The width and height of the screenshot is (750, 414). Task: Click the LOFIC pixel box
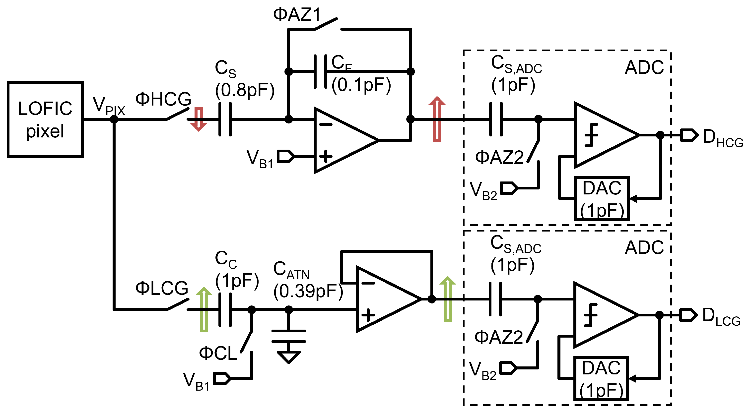tap(45, 119)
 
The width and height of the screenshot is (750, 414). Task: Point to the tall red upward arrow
tap(437, 119)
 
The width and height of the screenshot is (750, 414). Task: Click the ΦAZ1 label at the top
tap(297, 14)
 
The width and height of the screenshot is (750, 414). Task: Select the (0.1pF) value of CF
tap(361, 85)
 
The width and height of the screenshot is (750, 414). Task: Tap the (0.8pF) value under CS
tap(245, 90)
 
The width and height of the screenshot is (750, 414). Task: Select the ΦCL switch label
tap(218, 353)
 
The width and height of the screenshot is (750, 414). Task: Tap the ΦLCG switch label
tap(162, 288)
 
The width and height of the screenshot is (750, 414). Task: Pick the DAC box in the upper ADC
tap(602, 199)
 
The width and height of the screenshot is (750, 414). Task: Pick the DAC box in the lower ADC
tap(601, 378)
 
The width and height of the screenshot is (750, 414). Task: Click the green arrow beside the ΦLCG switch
tap(204, 310)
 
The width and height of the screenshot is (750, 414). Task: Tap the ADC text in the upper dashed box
tap(644, 67)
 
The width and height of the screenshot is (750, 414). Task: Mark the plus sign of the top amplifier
tap(326, 157)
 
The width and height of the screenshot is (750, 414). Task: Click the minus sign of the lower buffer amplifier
tap(368, 283)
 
